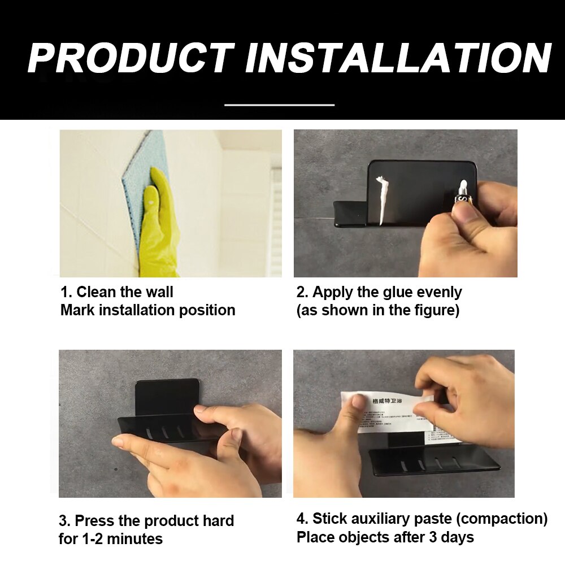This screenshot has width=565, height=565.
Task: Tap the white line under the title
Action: (x=280, y=105)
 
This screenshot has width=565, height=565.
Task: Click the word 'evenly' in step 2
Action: (x=439, y=292)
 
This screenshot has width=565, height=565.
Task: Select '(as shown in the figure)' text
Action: (x=377, y=310)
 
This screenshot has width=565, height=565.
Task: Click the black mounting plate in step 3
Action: (x=167, y=395)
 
